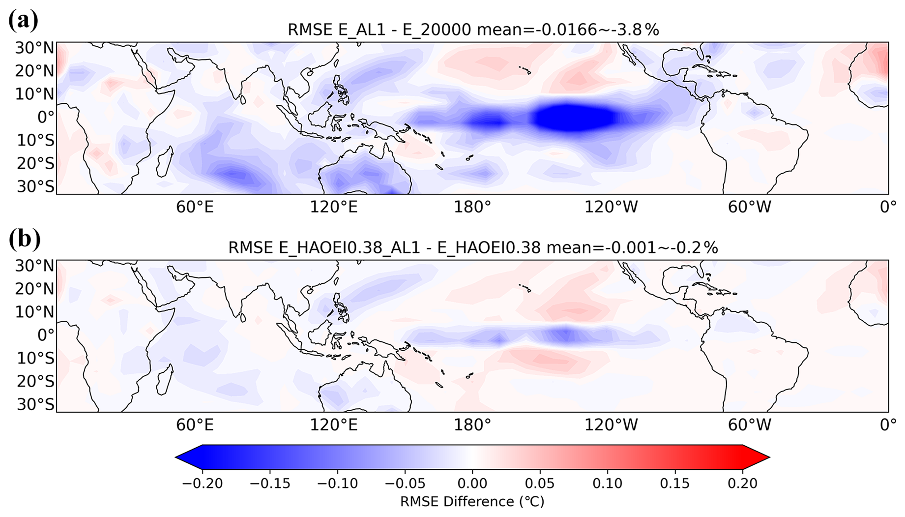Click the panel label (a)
[23, 21]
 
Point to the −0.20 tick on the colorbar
[202, 484]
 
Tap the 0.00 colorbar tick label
[472, 484]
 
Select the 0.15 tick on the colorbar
[675, 484]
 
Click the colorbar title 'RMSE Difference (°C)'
[472, 502]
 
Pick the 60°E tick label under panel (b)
[195, 425]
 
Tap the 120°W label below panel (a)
[611, 207]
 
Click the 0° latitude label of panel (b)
[45, 335]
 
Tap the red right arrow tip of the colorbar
[769, 457]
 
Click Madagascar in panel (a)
[164, 161]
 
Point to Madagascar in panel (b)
[164, 379]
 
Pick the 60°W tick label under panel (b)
[749, 425]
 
